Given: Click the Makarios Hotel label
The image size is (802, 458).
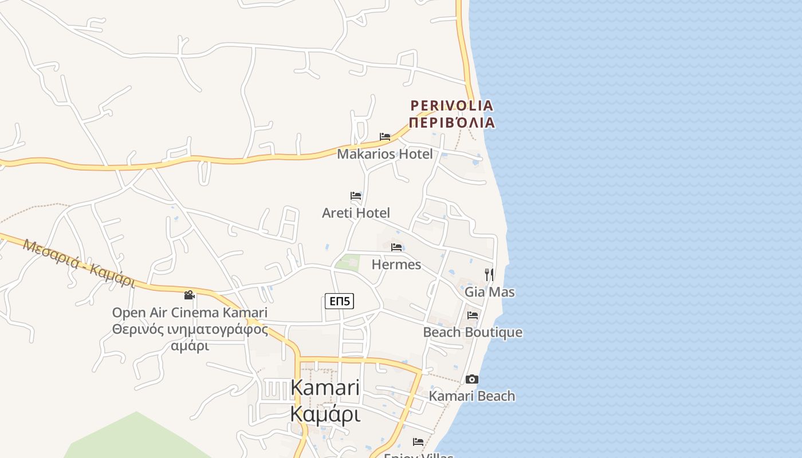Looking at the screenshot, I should coord(384,154).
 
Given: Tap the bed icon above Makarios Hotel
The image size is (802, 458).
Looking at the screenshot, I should coord(385,137).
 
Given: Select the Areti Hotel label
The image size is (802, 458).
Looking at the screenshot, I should coord(356,213).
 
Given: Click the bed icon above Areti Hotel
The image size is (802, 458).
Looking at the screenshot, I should coord(356,196).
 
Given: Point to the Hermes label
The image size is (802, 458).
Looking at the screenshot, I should coord(396,264).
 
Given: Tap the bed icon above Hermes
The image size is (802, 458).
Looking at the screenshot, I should coord(396,247).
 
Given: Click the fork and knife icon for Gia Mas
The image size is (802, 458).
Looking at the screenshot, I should coord(489,275).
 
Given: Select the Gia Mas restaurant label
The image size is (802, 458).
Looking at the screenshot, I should coord(489,292).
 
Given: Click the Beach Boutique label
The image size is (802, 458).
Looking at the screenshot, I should coord(472,332).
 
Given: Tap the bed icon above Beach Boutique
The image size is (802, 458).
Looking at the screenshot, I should coord(473,315).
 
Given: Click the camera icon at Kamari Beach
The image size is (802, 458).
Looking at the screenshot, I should coord(472,379).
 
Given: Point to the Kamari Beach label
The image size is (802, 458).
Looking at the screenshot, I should coord(471,396).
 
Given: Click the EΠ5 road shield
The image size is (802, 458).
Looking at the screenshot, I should coord(339,301).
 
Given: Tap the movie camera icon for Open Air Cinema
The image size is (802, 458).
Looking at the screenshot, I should coord(190,295).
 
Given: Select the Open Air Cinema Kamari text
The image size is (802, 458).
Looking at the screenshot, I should coord(190,313).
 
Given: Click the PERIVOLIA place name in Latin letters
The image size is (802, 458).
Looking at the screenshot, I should coord(451,105).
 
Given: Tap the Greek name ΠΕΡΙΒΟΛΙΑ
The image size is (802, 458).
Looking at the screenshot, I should coord(451,123).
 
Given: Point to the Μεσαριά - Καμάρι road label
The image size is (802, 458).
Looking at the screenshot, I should coord(78,263).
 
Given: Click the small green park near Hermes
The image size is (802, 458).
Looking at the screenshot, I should coord(347,263).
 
